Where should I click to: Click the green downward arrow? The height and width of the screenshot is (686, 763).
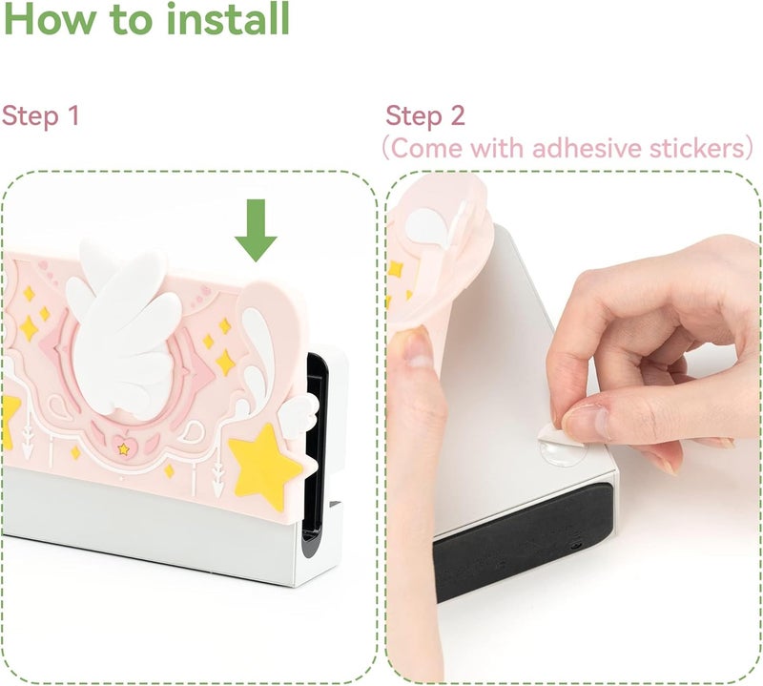(x=256, y=230)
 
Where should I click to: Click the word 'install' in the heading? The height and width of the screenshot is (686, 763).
(x=228, y=18)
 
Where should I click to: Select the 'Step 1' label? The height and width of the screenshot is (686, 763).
(x=40, y=116)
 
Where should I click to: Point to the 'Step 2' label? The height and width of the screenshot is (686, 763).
(x=425, y=116)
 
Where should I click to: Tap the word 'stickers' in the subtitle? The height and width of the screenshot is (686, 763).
(x=697, y=148)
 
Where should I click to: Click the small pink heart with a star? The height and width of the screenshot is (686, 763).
(x=123, y=447)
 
